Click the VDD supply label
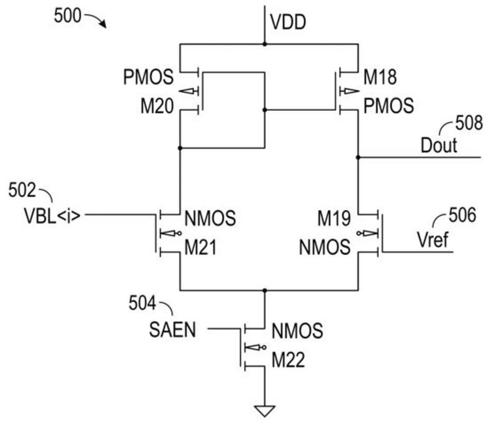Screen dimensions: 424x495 (x=288, y=23)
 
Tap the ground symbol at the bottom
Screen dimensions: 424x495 (x=265, y=410)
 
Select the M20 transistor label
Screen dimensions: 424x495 (x=156, y=107)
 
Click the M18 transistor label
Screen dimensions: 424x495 (x=380, y=78)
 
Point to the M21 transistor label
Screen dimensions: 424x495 (x=200, y=247)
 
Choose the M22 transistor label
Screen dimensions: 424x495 (x=288, y=361)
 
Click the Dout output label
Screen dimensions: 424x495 (x=438, y=145)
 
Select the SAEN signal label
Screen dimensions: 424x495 (x=172, y=331)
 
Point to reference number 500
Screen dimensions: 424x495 (x=68, y=16)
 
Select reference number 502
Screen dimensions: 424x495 (x=22, y=190)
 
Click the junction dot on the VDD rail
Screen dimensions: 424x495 (x=264, y=44)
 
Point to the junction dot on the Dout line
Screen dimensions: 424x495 (x=358, y=157)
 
